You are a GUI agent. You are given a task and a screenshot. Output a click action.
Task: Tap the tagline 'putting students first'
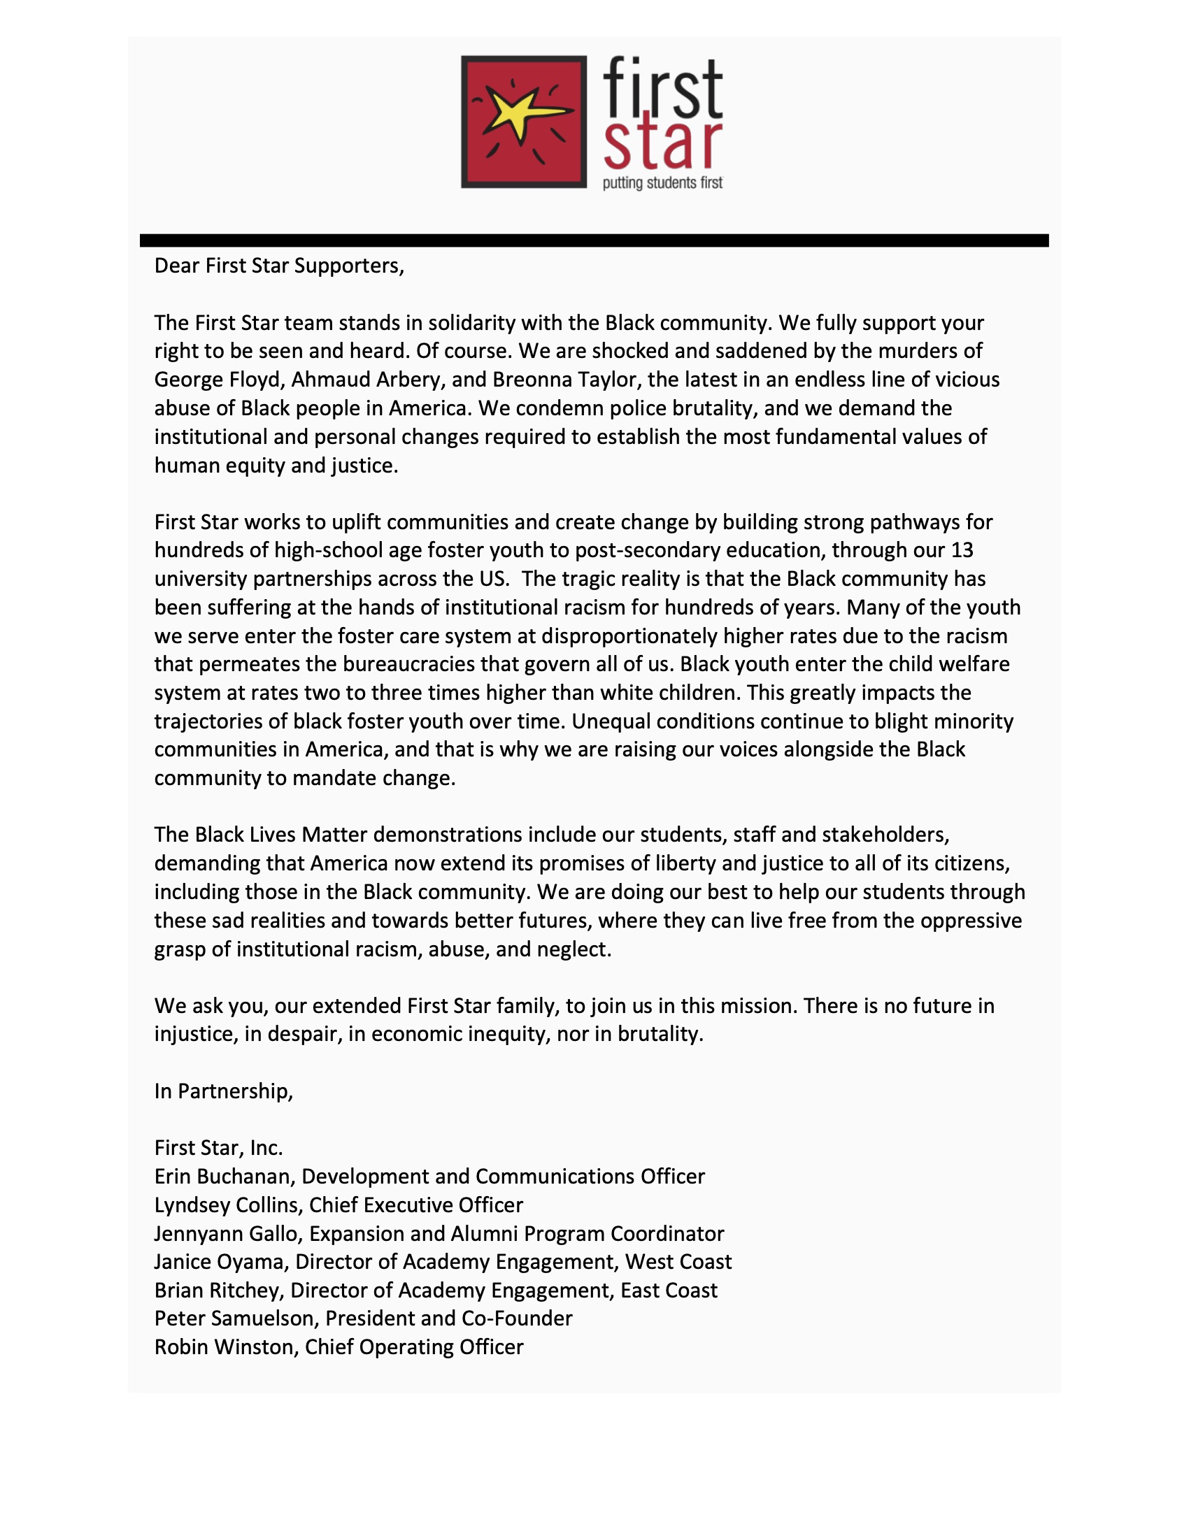[662, 184]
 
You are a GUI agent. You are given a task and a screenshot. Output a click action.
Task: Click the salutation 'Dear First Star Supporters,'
[279, 266]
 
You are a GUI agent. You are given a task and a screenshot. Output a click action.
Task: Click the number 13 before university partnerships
[962, 550]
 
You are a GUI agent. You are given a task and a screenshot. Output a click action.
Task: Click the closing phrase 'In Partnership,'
[223, 1091]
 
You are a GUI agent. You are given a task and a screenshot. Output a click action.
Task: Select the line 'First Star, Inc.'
[218, 1148]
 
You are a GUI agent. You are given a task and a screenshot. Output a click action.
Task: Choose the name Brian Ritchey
[218, 1290]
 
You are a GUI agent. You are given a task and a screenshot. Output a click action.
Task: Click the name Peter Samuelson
[233, 1318]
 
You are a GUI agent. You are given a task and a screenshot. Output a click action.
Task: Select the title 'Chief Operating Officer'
[414, 1347]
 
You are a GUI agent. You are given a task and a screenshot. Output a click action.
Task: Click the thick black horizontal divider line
[594, 240]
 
